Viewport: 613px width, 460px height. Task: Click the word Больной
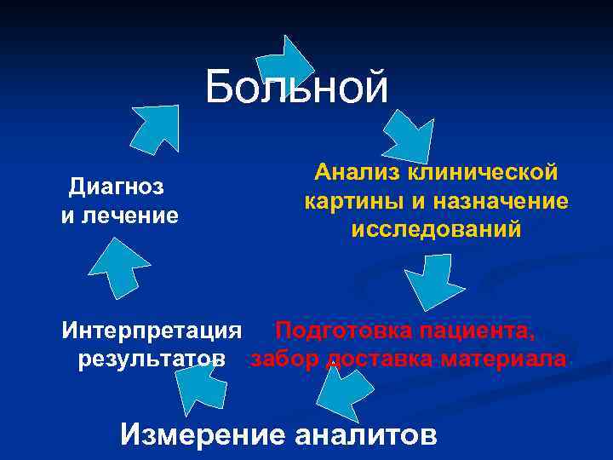[x=296, y=88]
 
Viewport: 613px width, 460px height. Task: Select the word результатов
[x=152, y=359]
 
